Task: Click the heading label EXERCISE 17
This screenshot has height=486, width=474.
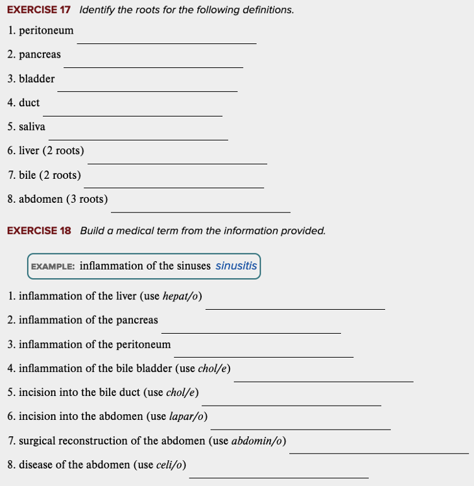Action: pyautogui.click(x=39, y=10)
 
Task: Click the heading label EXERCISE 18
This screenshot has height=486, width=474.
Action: pyautogui.click(x=39, y=231)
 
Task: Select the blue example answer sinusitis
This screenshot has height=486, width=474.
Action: pyautogui.click(x=236, y=266)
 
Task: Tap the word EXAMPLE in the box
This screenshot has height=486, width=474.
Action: pyautogui.click(x=53, y=266)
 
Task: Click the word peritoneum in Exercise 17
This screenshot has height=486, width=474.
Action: pyautogui.click(x=46, y=30)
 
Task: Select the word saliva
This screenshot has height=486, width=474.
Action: pyautogui.click(x=32, y=126)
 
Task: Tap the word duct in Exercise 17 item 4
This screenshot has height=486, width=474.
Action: pyautogui.click(x=29, y=102)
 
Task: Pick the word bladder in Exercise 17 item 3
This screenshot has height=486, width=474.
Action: pyautogui.click(x=37, y=78)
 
